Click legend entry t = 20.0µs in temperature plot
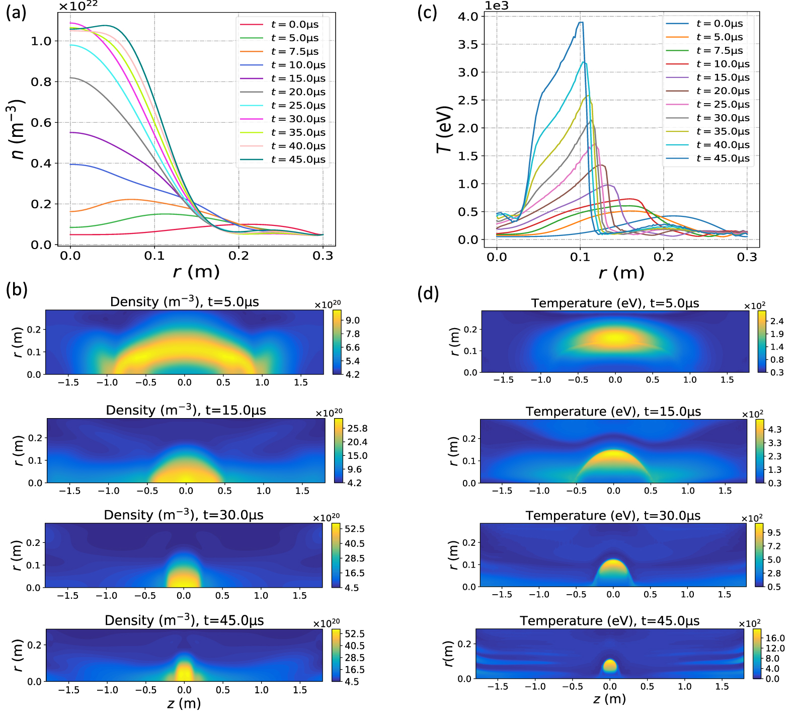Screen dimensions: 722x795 pyautogui.click(x=723, y=91)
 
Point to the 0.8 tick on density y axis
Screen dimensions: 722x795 pyautogui.click(x=41, y=82)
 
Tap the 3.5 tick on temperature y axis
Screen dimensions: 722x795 pyautogui.click(x=468, y=44)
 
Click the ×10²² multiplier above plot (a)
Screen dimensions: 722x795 pyautogui.click(x=78, y=6)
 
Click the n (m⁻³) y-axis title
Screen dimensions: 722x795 pyautogui.click(x=18, y=129)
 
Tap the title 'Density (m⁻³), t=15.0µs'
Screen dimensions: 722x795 pyautogui.click(x=186, y=410)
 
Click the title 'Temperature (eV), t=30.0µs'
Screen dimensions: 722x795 pyautogui.click(x=613, y=516)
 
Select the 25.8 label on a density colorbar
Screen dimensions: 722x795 pyautogui.click(x=358, y=429)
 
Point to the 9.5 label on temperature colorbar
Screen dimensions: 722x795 pyautogui.click(x=774, y=533)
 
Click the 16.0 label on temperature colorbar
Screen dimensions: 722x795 pyautogui.click(x=775, y=638)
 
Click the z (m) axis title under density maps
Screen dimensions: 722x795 pyautogui.click(x=184, y=703)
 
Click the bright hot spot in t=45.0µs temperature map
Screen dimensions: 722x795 pyautogui.click(x=609, y=665)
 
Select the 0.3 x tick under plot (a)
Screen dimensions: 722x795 pyautogui.click(x=323, y=256)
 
